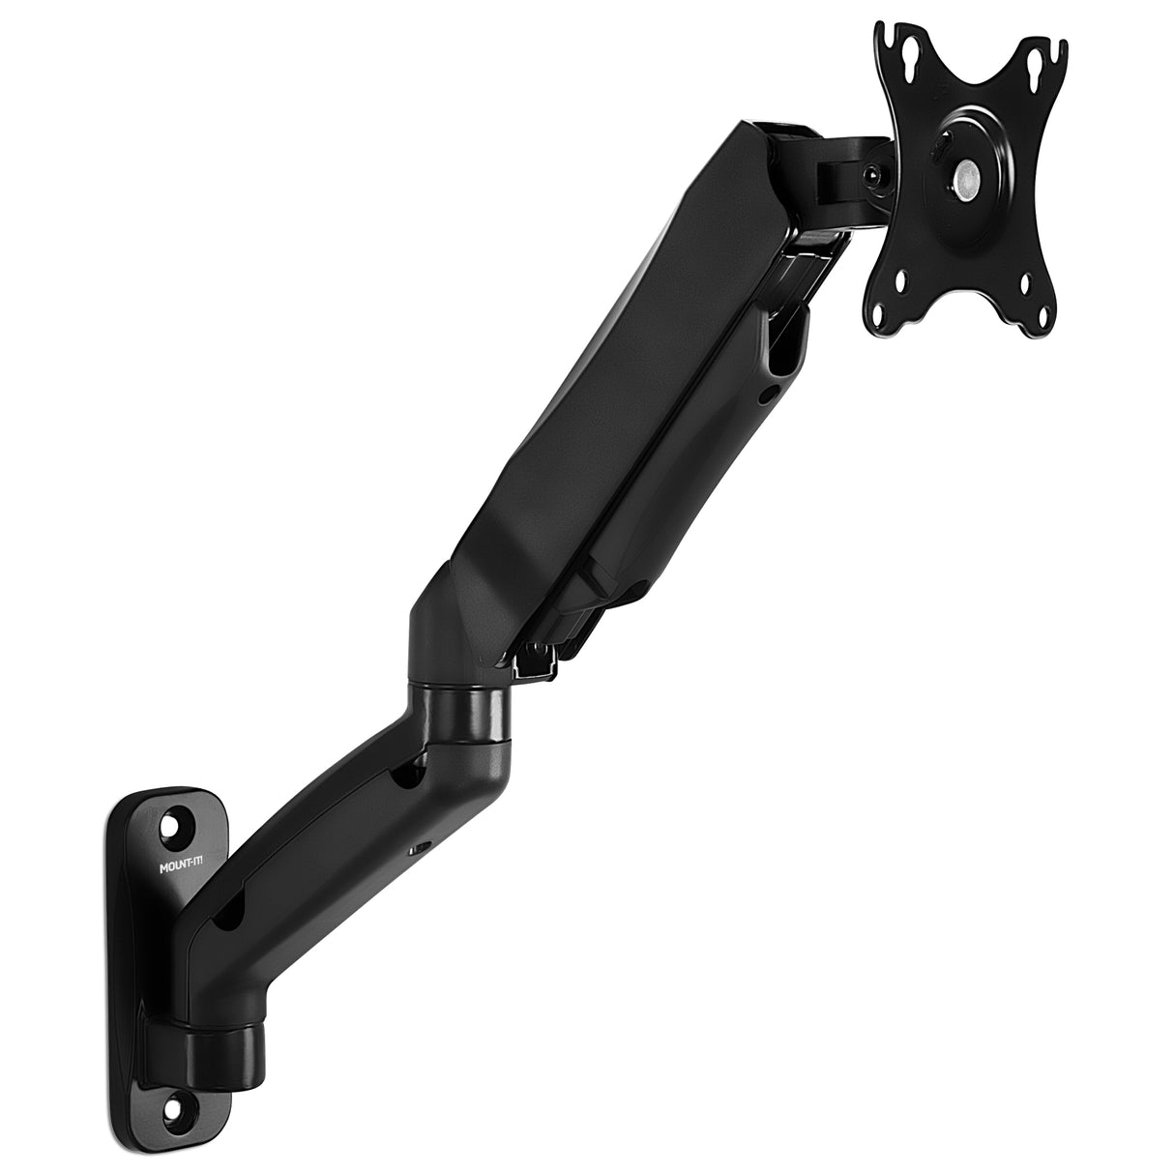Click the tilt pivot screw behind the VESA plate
[x=871, y=177]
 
